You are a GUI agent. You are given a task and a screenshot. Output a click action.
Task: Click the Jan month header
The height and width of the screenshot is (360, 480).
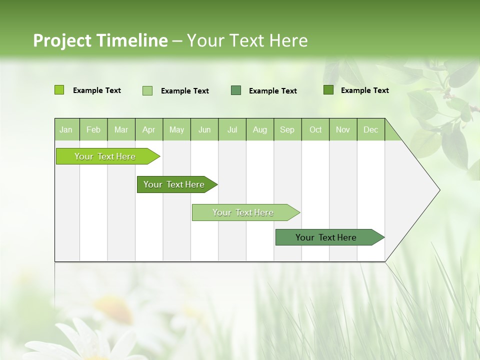pyautogui.click(x=66, y=129)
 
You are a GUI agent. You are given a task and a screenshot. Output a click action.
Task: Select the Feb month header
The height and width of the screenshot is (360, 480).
pyautogui.click(x=93, y=129)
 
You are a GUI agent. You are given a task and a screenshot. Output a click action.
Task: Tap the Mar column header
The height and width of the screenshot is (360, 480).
pyautogui.click(x=121, y=129)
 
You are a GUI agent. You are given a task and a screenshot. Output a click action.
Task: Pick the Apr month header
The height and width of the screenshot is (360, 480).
pyautogui.click(x=149, y=129)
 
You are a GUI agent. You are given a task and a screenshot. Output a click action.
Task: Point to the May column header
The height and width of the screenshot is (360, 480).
pyautogui.click(x=176, y=129)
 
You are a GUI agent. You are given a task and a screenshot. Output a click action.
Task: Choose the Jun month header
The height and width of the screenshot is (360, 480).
pyautogui.click(x=204, y=129)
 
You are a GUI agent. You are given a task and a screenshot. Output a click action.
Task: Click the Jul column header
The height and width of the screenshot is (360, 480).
pyautogui.click(x=232, y=129)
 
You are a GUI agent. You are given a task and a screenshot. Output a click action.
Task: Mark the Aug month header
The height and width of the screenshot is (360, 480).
pyautogui.click(x=260, y=129)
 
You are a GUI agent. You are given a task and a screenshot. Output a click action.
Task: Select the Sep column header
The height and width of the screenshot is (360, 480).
pyautogui.click(x=287, y=129)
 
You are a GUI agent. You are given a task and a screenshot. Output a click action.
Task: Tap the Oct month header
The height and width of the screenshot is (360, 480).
pyautogui.click(x=315, y=129)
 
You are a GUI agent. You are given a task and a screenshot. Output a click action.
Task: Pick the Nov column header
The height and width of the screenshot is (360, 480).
pyautogui.click(x=343, y=129)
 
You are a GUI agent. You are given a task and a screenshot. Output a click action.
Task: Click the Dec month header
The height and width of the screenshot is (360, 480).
pyautogui.click(x=371, y=129)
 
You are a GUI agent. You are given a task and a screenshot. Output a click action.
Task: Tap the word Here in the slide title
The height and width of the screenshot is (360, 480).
pyautogui.click(x=288, y=40)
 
